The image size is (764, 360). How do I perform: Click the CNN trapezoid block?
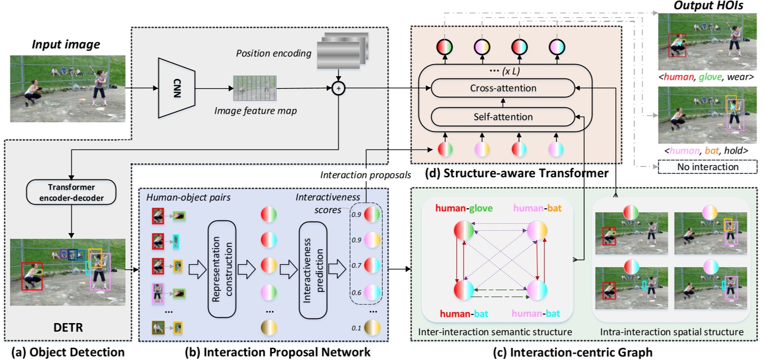click(176, 88)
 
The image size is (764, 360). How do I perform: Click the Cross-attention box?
click(503, 88)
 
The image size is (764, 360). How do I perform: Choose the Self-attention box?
click(503, 117)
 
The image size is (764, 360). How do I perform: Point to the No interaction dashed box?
click(699, 167)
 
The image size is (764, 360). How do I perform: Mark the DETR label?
click(70, 328)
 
